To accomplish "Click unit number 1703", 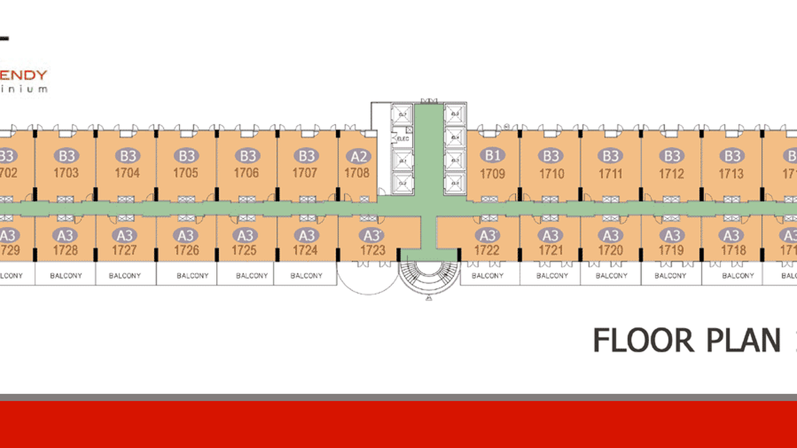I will click(65, 173).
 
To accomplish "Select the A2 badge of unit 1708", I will click(358, 156).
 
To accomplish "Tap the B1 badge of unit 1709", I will click(492, 156).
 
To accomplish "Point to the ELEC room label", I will click(403, 139).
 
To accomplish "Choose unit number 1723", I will click(373, 250).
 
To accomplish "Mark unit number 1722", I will click(487, 250).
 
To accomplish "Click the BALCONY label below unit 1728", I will click(66, 276).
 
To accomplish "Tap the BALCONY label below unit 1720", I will click(612, 276).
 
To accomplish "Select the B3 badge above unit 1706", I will click(246, 156).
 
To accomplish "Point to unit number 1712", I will click(671, 173).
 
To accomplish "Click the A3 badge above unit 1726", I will click(186, 236).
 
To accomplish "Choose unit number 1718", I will click(733, 250).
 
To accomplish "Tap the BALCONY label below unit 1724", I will click(306, 276).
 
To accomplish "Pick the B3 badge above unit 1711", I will click(611, 156).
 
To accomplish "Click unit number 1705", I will click(186, 173).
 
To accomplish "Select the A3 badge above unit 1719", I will click(671, 236).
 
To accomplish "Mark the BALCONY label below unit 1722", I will click(488, 276).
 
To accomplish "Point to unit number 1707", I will click(306, 173).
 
